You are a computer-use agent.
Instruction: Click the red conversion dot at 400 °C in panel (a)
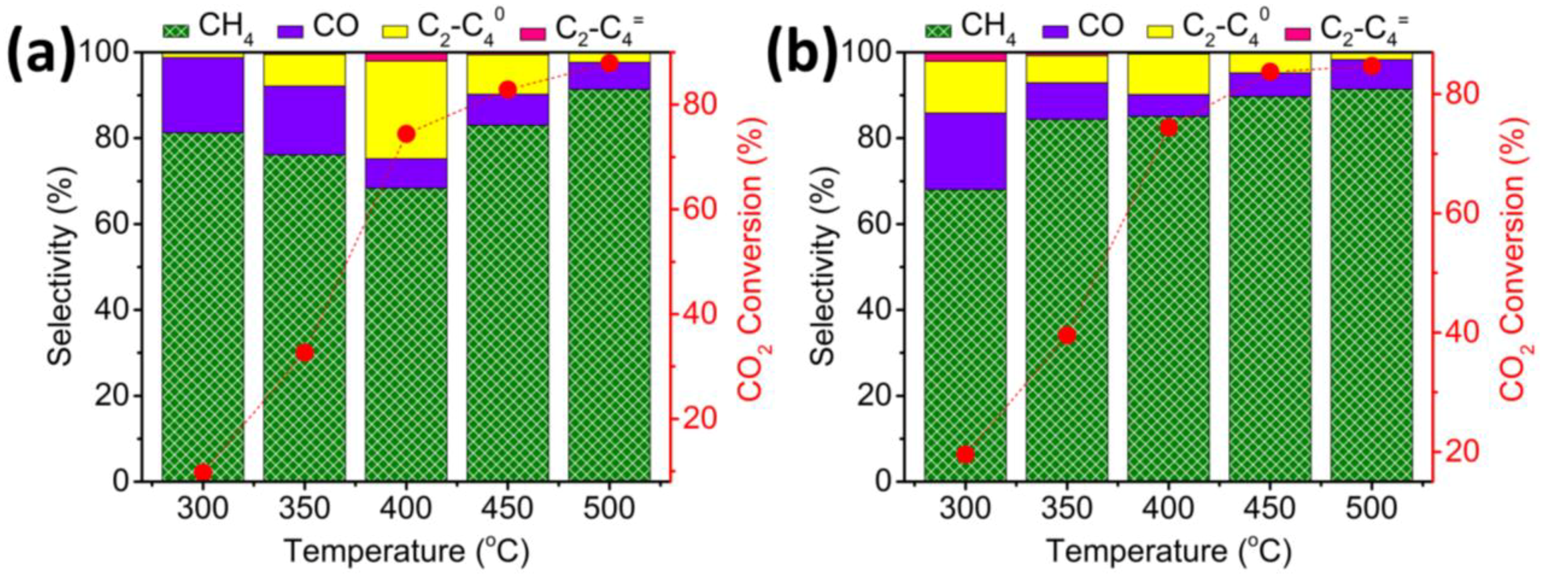click(x=406, y=134)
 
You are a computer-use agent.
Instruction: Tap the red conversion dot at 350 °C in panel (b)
click(x=1066, y=335)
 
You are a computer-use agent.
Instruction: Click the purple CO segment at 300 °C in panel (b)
click(x=964, y=151)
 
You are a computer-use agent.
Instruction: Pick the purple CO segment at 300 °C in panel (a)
click(x=202, y=95)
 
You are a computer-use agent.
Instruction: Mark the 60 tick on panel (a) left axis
click(x=112, y=223)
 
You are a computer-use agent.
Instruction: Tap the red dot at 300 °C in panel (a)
click(x=202, y=473)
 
